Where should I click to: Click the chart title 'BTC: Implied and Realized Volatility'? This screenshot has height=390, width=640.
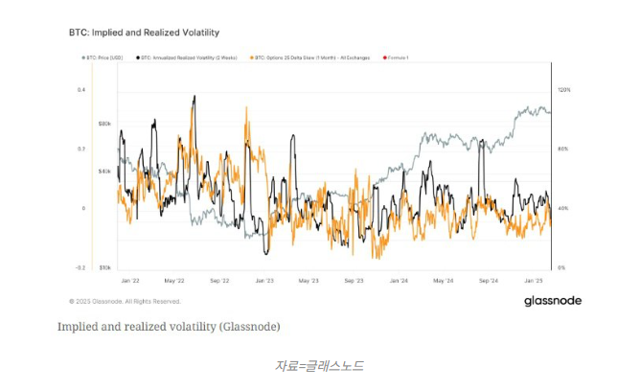pos(137,33)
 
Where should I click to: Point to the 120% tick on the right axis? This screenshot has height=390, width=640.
pos(563,90)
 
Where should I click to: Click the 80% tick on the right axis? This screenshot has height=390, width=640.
pos(563,149)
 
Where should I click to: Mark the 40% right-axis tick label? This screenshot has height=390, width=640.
pos(563,208)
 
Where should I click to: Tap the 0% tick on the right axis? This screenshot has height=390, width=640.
pos(562,267)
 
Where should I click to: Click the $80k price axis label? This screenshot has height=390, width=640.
pos(105,125)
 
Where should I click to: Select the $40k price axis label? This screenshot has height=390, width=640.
pos(105,172)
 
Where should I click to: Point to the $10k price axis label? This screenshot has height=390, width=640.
pos(105,267)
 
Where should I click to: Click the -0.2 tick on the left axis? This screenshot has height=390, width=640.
pos(80,267)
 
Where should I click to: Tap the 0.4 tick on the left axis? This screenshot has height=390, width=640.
pos(81,90)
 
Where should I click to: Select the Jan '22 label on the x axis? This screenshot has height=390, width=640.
pos(131,281)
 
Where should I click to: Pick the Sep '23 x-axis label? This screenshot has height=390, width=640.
pos(354,281)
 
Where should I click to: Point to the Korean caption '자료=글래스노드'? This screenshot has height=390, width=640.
pos(319,365)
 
